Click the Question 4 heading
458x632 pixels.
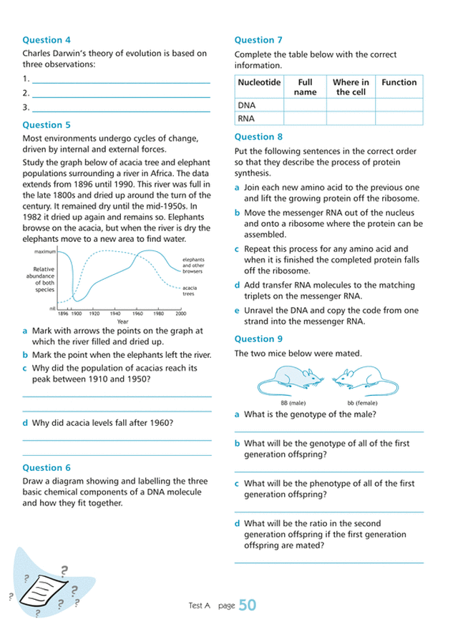[47, 40]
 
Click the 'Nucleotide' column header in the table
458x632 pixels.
[258, 82]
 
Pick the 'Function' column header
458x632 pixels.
[399, 82]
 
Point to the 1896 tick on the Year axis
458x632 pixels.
[62, 313]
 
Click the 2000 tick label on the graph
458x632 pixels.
[180, 313]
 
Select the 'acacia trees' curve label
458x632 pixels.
[190, 290]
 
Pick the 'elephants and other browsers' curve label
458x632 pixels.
[193, 266]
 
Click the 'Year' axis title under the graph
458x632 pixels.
[122, 321]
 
